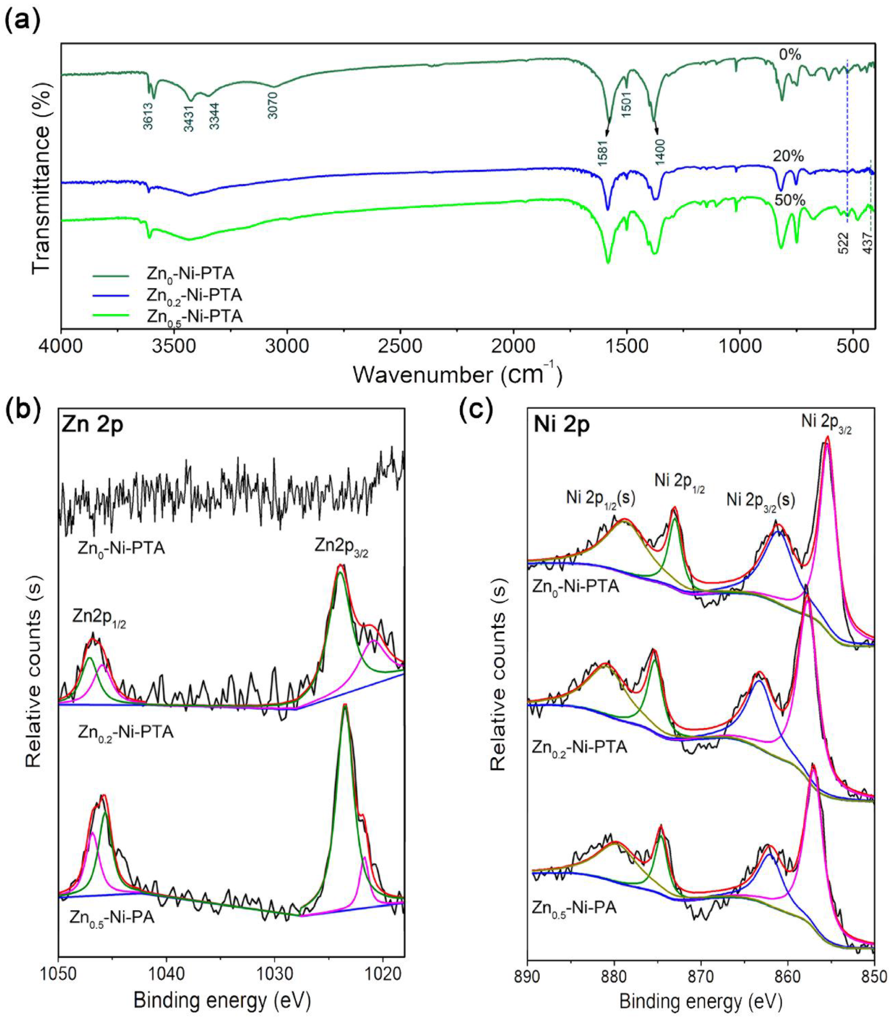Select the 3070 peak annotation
[x=273, y=105]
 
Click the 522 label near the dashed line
[x=843, y=243]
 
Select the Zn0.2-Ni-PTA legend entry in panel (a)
[x=194, y=295]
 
